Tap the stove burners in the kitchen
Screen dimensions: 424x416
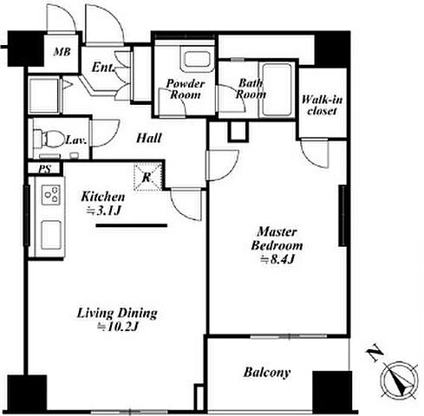coord(51,195)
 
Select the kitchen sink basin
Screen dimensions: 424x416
coord(51,235)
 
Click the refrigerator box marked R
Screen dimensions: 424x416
coord(147,177)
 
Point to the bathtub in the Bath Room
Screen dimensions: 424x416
coord(277,90)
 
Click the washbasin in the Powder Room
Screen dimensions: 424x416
coord(197,60)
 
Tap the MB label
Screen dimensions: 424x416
coord(62,52)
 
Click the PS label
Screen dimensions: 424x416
coord(45,169)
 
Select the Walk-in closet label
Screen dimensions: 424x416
coord(322,105)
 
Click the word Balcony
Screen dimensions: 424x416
coord(267,372)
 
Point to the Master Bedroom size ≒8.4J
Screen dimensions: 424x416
coord(277,259)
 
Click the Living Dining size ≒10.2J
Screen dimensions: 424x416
coord(118,327)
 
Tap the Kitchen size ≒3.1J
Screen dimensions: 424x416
coord(103,211)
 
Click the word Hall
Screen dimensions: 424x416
coord(148,138)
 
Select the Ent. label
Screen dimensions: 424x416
coord(102,68)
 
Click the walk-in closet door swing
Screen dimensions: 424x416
coord(315,153)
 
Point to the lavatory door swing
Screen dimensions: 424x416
coord(105,133)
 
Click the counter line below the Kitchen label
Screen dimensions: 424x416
coord(132,225)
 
